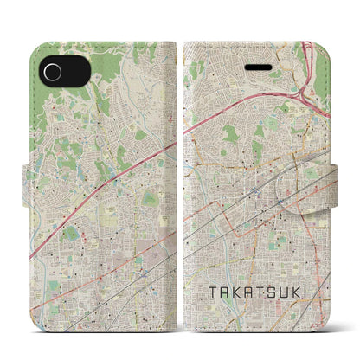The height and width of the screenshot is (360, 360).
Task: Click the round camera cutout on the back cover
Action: (x=55, y=70)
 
